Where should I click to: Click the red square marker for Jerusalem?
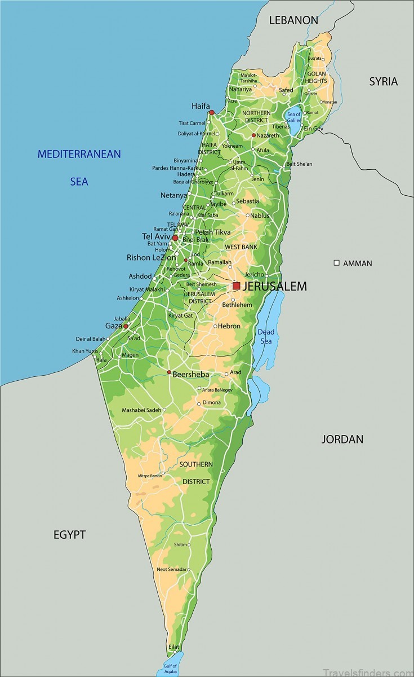pyautogui.click(x=236, y=286)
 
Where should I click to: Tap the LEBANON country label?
pyautogui.click(x=293, y=20)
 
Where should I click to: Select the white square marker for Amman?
pyautogui.click(x=337, y=263)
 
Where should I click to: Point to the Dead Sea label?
pyautogui.click(x=266, y=336)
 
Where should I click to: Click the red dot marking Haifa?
pyautogui.click(x=212, y=112)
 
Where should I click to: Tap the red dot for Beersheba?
pyautogui.click(x=169, y=372)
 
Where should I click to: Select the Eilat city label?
pyautogui.click(x=173, y=647)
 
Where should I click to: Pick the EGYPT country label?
pyautogui.click(x=69, y=534)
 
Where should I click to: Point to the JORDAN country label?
pyautogui.click(x=342, y=439)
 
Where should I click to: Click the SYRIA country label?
pyautogui.click(x=383, y=81)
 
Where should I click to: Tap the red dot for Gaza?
pyautogui.click(x=126, y=326)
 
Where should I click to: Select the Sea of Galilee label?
pyautogui.click(x=294, y=117)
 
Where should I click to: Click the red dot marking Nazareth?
pyautogui.click(x=254, y=135)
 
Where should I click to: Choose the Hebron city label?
pyautogui.click(x=229, y=326)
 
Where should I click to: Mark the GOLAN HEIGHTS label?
pyautogui.click(x=316, y=77)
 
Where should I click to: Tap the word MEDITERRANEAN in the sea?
pyautogui.click(x=79, y=154)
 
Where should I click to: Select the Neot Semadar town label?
pyautogui.click(x=171, y=569)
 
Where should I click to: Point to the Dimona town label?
pyautogui.click(x=212, y=402)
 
